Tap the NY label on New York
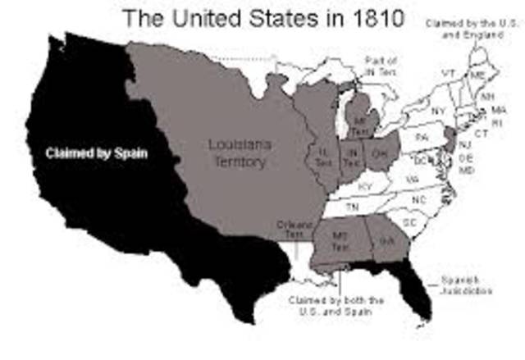436,109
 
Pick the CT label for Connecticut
481,132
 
